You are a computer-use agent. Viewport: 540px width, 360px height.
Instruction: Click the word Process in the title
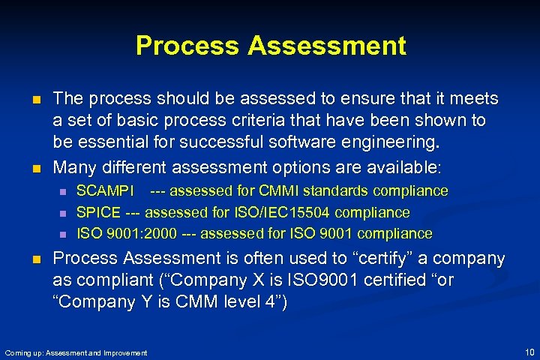188,46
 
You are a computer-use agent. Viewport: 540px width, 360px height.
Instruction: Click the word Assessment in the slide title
327,46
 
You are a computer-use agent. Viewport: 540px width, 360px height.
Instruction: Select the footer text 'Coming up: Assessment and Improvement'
76,352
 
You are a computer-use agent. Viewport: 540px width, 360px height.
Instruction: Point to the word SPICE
98,213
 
